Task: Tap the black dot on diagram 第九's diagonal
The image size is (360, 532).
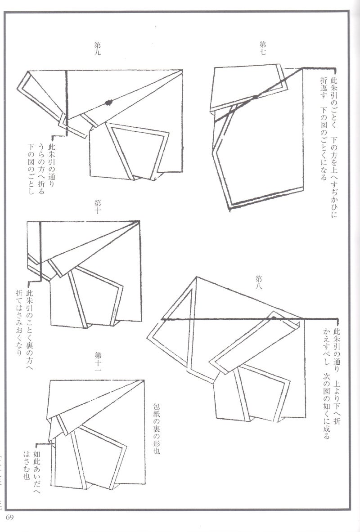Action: [x=108, y=103]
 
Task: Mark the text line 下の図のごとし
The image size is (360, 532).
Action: [x=31, y=169]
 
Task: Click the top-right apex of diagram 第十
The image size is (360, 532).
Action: [x=139, y=221]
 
